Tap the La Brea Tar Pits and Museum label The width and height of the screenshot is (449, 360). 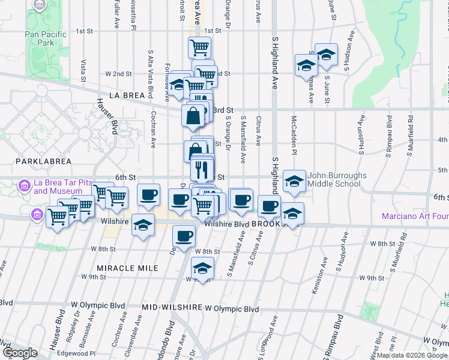57,187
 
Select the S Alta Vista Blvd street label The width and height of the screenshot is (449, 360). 142,83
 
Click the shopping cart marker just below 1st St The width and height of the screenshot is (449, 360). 199,47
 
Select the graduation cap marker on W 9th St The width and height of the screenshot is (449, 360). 203,268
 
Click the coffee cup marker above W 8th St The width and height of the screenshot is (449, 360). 184,236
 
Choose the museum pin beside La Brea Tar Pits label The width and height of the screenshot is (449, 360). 24,185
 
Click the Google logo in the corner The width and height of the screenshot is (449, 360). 20,353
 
